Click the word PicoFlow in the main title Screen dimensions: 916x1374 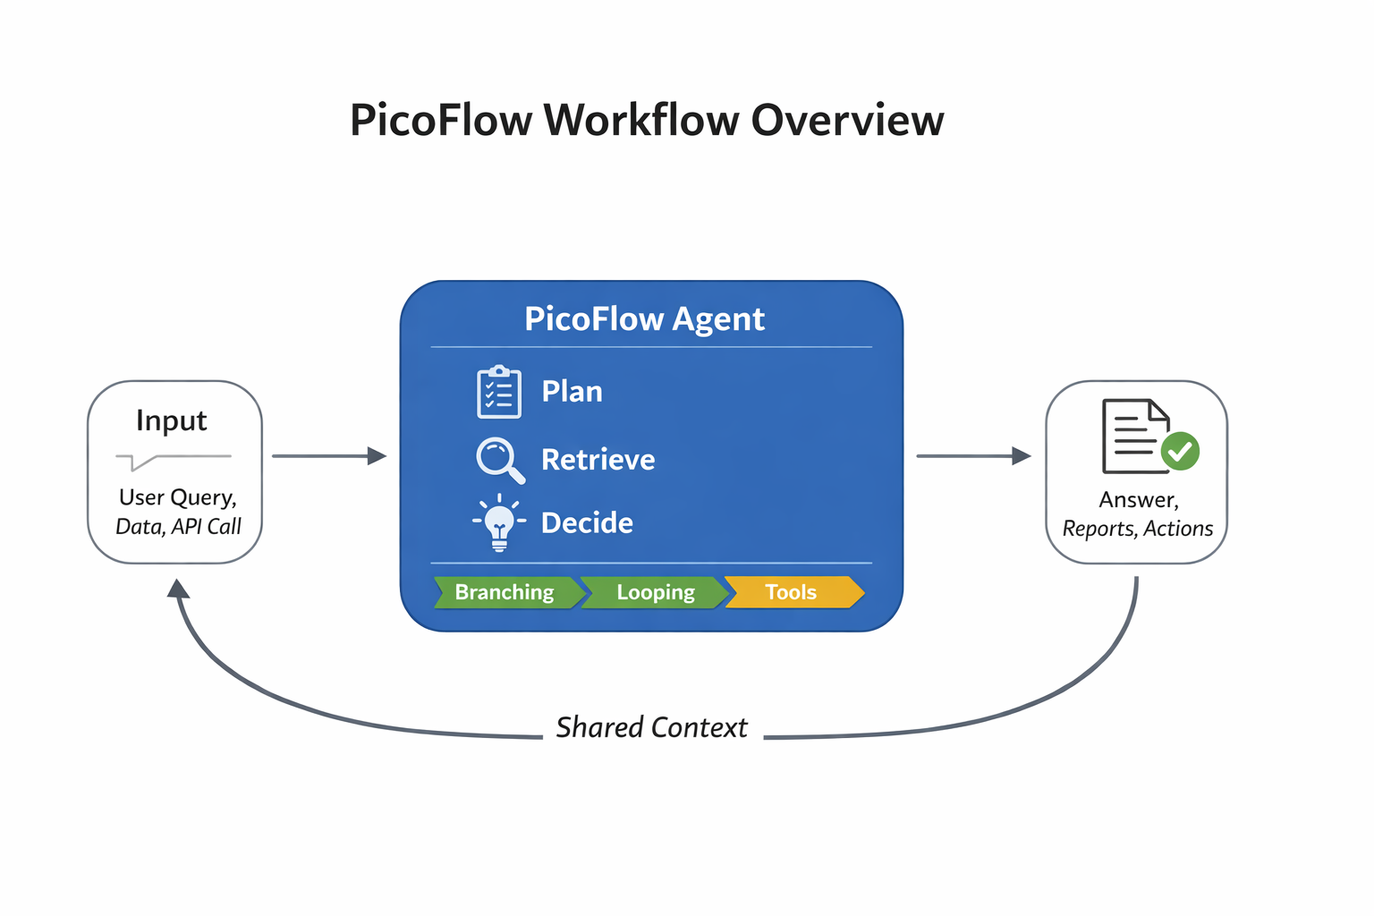point(441,120)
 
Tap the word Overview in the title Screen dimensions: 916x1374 point(847,120)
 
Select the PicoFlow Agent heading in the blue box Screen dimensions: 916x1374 point(644,319)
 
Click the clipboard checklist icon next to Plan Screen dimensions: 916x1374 point(499,392)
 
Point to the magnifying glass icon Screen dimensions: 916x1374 point(499,460)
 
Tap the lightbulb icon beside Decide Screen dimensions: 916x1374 point(499,522)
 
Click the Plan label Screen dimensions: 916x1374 point(572,392)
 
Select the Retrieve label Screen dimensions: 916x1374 point(598,460)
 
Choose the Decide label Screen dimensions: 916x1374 point(587,522)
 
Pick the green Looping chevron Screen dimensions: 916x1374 point(655,592)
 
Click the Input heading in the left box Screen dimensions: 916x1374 point(172,420)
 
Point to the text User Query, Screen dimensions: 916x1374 point(177,497)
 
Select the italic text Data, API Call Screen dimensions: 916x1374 point(178,527)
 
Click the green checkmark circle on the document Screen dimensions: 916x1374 point(1180,451)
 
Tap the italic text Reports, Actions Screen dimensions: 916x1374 point(1137,529)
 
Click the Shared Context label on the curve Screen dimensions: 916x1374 point(651,727)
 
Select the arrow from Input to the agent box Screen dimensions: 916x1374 point(328,456)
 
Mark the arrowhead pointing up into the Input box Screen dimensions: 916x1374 point(179,588)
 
